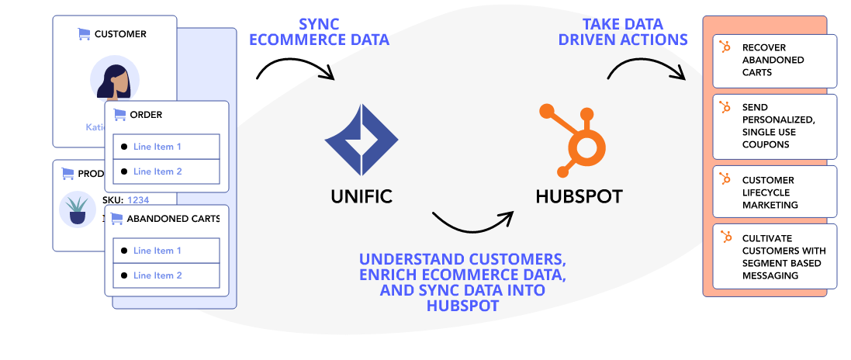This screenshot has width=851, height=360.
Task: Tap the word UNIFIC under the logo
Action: (x=362, y=196)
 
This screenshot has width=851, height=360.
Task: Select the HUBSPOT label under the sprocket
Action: (x=579, y=196)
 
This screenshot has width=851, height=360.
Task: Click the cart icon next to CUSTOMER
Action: (x=83, y=34)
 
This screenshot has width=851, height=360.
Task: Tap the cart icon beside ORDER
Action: (x=119, y=115)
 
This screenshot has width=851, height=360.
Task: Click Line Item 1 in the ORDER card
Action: (x=157, y=147)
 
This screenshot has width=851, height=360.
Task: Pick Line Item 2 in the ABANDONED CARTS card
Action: (x=157, y=275)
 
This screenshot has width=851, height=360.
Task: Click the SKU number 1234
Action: (x=138, y=199)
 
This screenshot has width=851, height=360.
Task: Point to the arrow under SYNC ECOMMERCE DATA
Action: (x=295, y=68)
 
